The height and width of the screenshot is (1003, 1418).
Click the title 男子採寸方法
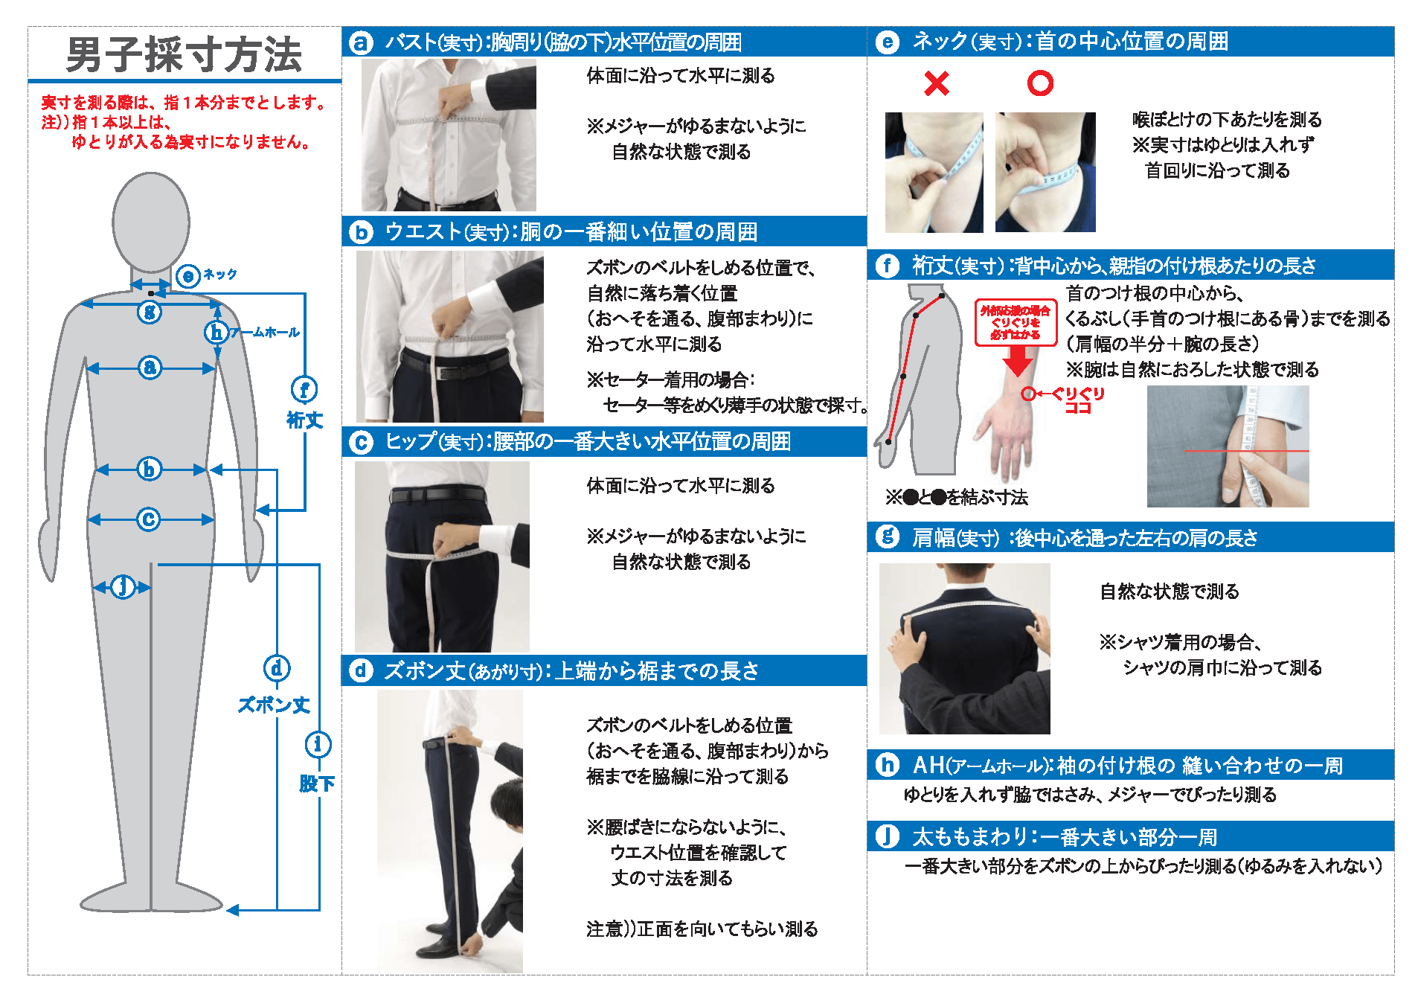click(184, 55)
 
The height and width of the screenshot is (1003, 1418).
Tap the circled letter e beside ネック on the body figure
click(187, 276)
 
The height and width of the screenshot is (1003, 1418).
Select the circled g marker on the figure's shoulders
click(150, 312)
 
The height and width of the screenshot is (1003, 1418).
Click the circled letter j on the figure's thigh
click(123, 586)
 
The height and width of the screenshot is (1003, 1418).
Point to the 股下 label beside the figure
click(317, 784)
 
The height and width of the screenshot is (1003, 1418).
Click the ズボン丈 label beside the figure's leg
click(274, 705)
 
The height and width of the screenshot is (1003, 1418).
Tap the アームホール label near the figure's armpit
click(264, 333)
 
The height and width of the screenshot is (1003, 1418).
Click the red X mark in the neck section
click(937, 83)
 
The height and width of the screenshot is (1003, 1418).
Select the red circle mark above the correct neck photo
click(1040, 83)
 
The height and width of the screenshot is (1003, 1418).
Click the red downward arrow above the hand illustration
click(1017, 362)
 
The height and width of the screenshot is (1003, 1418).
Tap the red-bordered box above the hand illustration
click(1016, 322)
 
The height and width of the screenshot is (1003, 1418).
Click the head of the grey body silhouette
click(151, 221)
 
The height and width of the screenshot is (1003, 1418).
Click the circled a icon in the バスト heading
click(361, 42)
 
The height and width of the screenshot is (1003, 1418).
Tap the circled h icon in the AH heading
click(887, 765)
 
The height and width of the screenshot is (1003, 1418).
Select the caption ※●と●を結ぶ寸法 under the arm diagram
click(957, 497)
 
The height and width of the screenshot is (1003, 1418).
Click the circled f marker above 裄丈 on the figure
click(304, 389)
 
